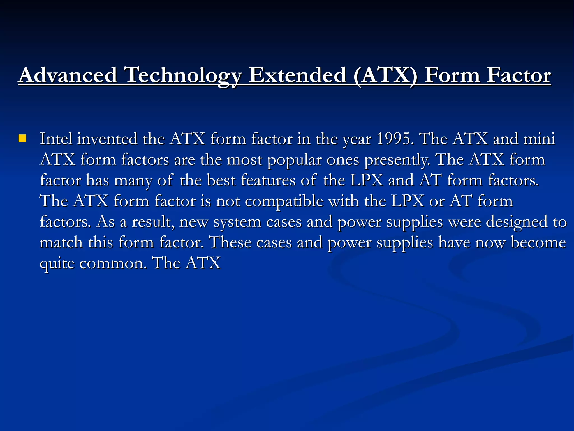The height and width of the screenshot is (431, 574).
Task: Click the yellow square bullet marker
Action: click(22, 138)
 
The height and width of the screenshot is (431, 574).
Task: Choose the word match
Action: click(61, 242)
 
